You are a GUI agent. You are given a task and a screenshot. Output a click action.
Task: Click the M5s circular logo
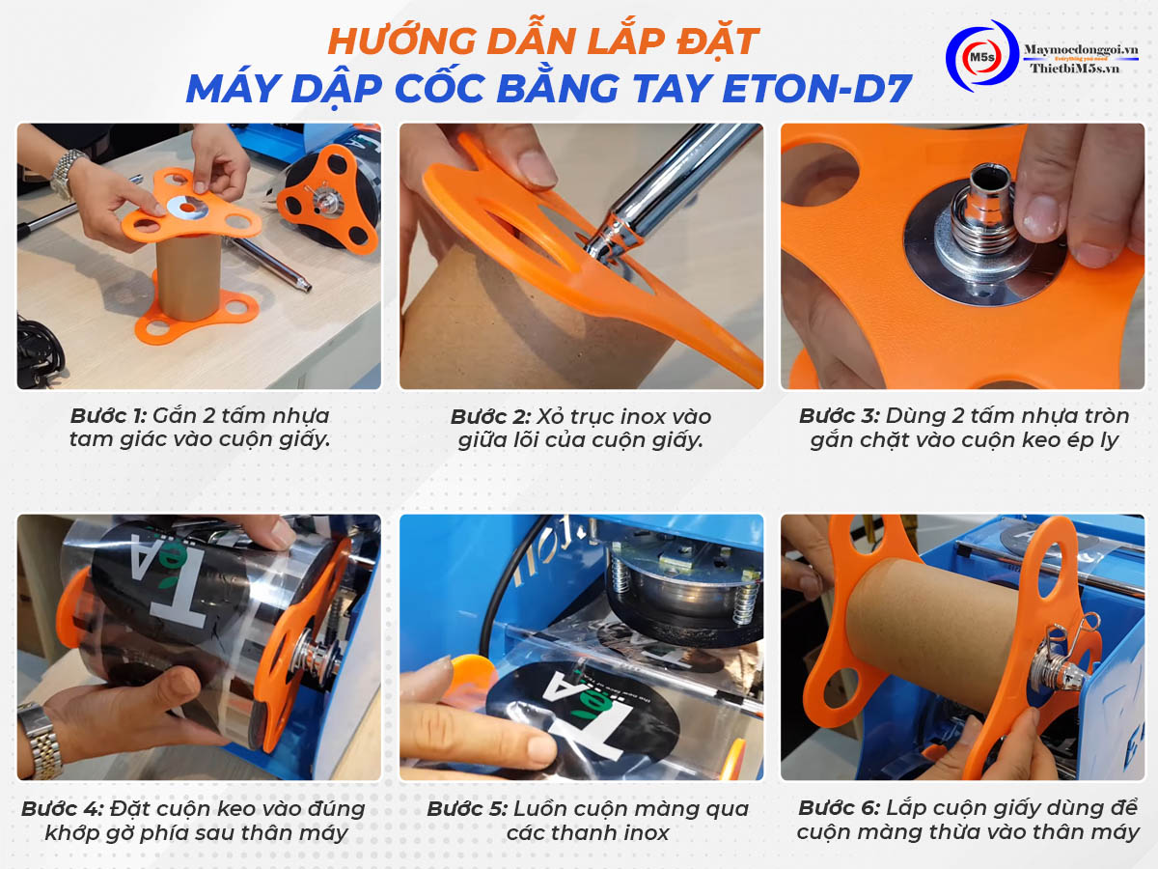[x=979, y=57]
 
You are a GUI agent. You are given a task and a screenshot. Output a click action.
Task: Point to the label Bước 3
[x=839, y=416]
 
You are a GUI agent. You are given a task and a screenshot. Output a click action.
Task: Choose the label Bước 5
[x=466, y=808]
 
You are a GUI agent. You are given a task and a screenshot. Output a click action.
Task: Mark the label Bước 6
[x=838, y=807]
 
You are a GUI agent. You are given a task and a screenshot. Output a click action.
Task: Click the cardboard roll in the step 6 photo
[x=926, y=618]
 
